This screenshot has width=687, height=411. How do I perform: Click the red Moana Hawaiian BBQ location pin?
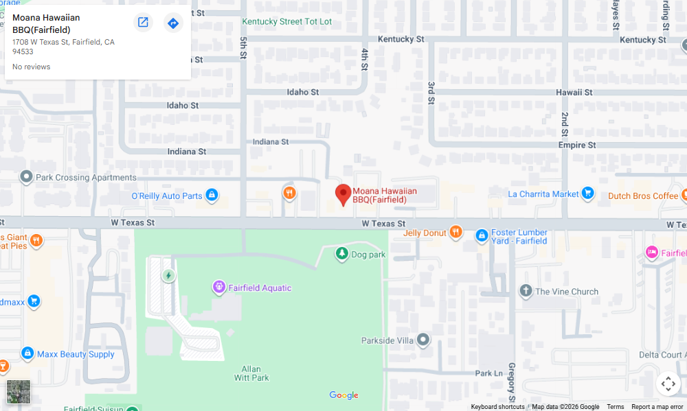[x=343, y=194]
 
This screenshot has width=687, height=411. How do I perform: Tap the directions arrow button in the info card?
[x=173, y=23]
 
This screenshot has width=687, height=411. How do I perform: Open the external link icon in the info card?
[x=143, y=23]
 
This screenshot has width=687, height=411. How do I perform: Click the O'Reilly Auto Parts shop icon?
[x=212, y=196]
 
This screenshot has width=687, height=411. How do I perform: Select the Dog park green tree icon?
[x=341, y=255]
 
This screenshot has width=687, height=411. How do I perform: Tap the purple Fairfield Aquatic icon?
[x=219, y=287]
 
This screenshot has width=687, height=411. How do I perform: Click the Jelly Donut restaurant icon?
[x=455, y=233]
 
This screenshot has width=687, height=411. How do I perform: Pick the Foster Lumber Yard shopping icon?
[x=482, y=236]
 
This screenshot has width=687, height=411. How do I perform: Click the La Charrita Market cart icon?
[x=587, y=193]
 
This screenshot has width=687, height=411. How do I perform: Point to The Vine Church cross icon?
[x=526, y=291]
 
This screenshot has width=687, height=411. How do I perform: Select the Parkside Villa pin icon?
[x=423, y=340]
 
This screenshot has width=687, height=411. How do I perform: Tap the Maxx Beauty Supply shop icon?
[x=27, y=353]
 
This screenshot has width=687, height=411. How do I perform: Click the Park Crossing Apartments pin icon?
[x=26, y=177]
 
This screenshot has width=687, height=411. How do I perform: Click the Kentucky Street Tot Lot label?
[x=286, y=21]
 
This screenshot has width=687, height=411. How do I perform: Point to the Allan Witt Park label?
[x=255, y=373]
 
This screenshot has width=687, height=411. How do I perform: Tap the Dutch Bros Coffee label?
[x=643, y=196]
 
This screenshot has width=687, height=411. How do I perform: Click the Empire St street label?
[x=576, y=145]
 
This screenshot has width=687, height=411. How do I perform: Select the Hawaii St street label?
[x=574, y=92]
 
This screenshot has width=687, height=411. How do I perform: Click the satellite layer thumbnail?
[x=19, y=392]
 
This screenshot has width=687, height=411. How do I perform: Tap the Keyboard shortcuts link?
[x=497, y=407]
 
